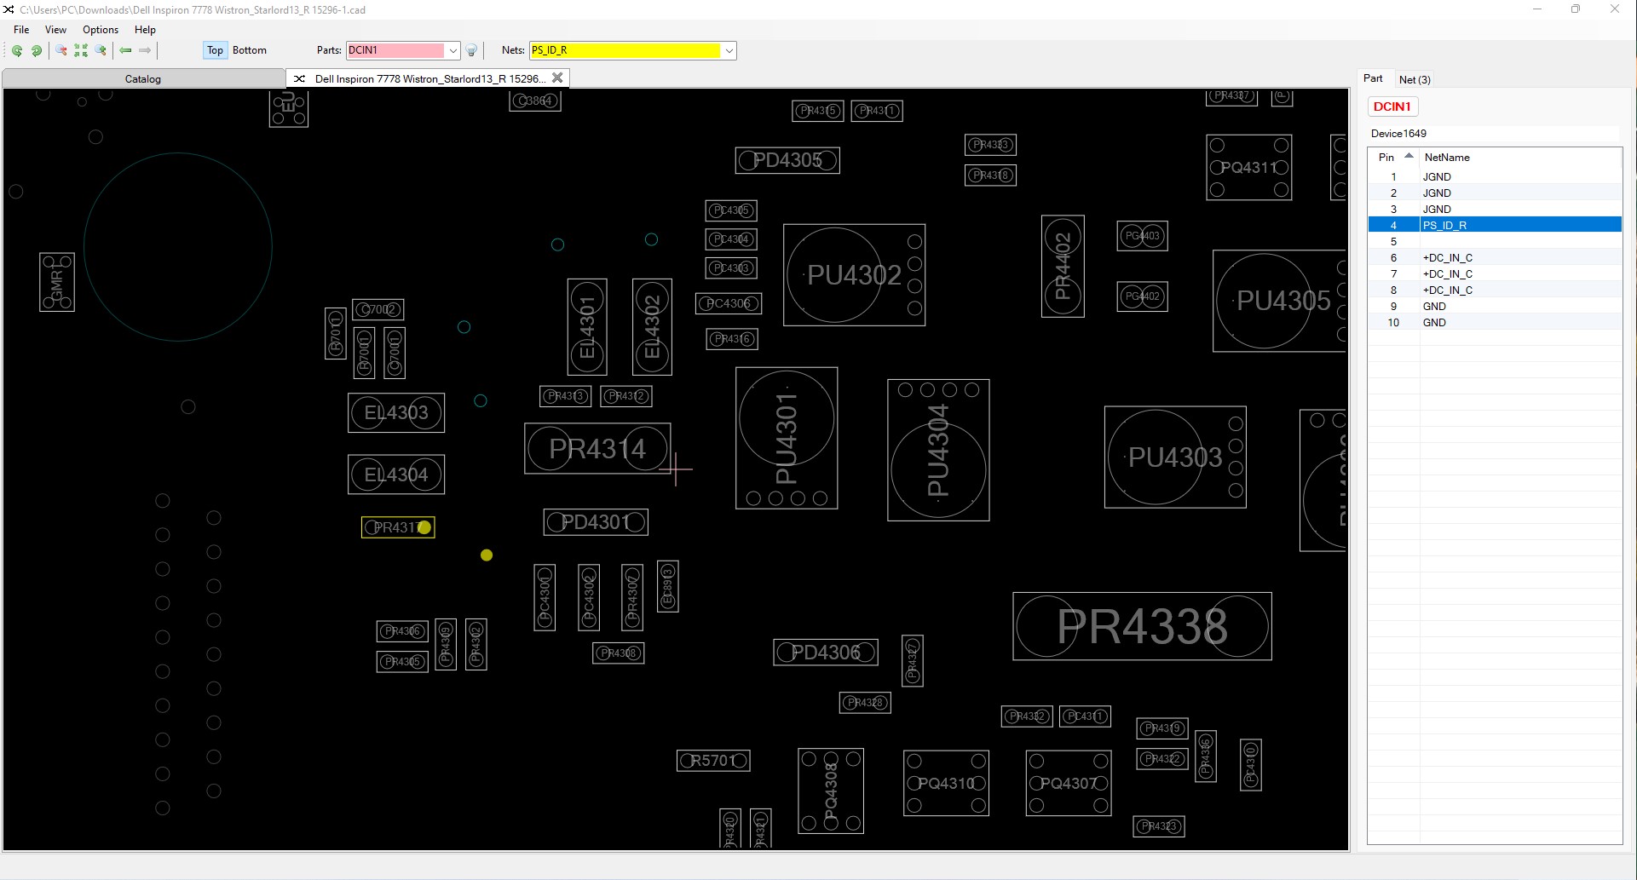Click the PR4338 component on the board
pyautogui.click(x=1142, y=626)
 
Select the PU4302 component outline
pyautogui.click(x=854, y=275)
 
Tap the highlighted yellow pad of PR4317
pyautogui.click(x=424, y=527)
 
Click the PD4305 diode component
pyautogui.click(x=787, y=160)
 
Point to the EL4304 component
pyautogui.click(x=396, y=475)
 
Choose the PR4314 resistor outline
pyautogui.click(x=597, y=449)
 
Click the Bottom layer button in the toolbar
pyautogui.click(x=250, y=50)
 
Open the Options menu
pyautogui.click(x=101, y=30)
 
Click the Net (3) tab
pyautogui.click(x=1415, y=79)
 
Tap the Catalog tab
pyautogui.click(x=143, y=79)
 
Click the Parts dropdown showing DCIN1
pyautogui.click(x=402, y=50)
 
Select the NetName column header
pyautogui.click(x=1447, y=158)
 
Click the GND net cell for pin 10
pyautogui.click(x=1434, y=323)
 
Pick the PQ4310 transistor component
pyautogui.click(x=946, y=783)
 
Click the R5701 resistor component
pyautogui.click(x=713, y=761)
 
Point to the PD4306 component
pyautogui.click(x=826, y=653)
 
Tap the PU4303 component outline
pyautogui.click(x=1175, y=457)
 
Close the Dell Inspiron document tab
pyautogui.click(x=557, y=78)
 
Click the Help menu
pyautogui.click(x=145, y=30)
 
